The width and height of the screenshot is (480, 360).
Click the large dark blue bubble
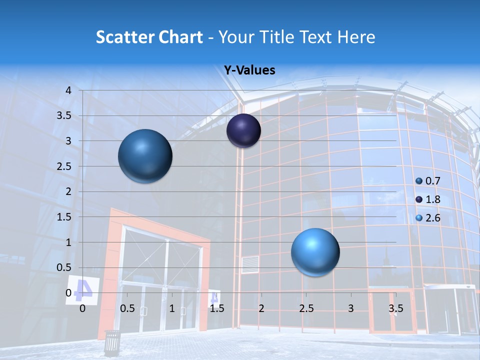coord(145,156)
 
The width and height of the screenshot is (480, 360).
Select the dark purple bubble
coord(243,131)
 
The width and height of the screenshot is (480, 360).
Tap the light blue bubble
coord(315,252)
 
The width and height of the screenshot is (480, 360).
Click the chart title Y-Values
coord(249,70)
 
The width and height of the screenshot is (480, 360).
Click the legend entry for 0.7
coord(428,181)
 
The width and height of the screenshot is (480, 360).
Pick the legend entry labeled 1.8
coord(428,199)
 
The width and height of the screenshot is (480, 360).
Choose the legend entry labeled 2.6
coord(428,218)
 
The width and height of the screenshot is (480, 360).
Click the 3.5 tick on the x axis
coord(395,308)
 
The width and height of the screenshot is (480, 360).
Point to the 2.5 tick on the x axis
coord(306,308)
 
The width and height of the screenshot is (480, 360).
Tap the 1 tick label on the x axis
coord(172,308)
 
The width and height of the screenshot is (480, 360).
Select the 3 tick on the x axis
coord(351,308)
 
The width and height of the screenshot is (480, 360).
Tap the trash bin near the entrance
coord(112,342)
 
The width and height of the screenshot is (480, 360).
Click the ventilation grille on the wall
coord(250,264)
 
